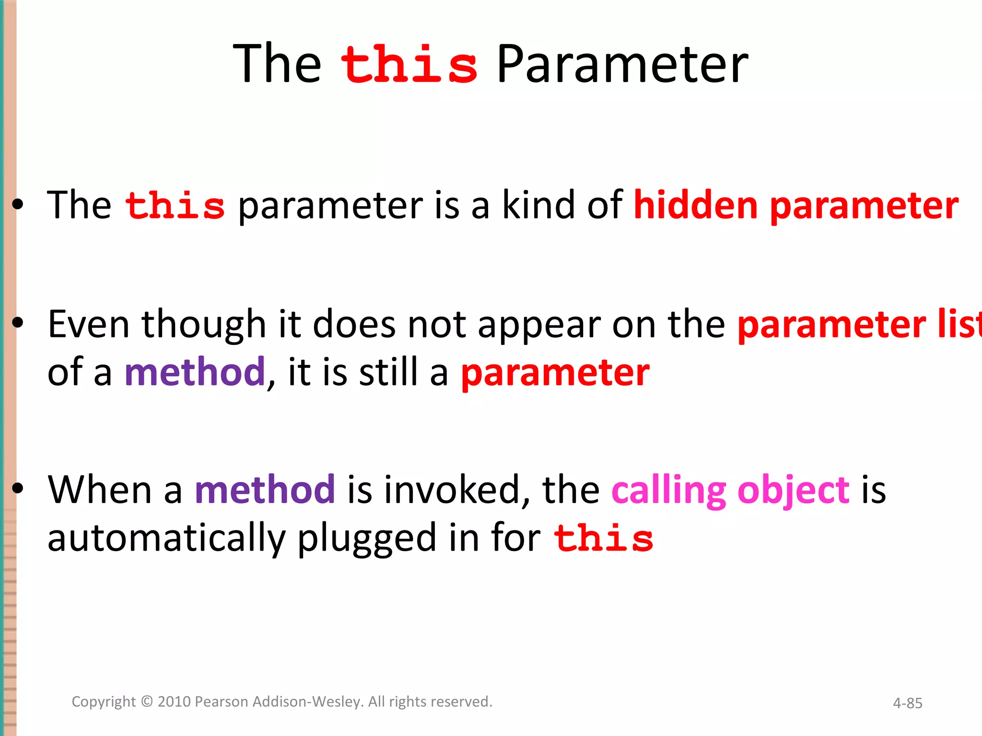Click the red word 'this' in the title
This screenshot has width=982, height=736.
click(409, 64)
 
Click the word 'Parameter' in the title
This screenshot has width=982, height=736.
click(622, 64)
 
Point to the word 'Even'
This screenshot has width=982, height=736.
click(89, 324)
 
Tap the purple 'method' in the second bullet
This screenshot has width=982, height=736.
click(195, 372)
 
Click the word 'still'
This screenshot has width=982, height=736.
click(388, 372)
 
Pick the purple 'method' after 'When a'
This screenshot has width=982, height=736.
click(265, 490)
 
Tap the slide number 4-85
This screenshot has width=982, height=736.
click(907, 703)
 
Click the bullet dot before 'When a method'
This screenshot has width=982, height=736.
click(18, 488)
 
